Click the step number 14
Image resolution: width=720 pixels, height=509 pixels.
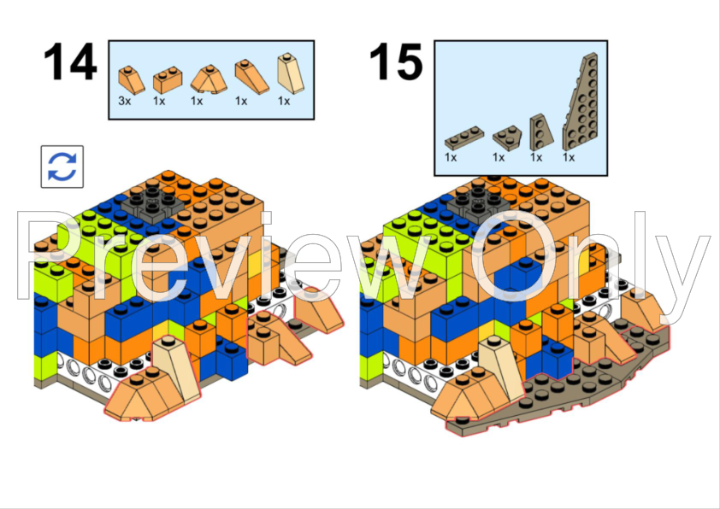pyautogui.click(x=70, y=61)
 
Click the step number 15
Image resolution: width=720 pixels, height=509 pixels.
pyautogui.click(x=395, y=61)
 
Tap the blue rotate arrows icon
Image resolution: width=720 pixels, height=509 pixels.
pyautogui.click(x=62, y=167)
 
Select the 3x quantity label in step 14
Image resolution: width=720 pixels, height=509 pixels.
pyautogui.click(x=125, y=101)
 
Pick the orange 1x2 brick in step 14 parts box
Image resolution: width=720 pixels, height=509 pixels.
pyautogui.click(x=167, y=80)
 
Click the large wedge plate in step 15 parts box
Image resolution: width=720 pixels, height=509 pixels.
pyautogui.click(x=582, y=103)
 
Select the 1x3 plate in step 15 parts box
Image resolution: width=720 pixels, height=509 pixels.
pyautogui.click(x=464, y=138)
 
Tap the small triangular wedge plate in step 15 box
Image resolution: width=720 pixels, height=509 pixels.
pyautogui.click(x=540, y=133)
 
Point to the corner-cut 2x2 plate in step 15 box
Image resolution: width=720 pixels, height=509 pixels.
pyautogui.click(x=507, y=137)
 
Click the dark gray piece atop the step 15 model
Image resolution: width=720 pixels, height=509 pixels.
pyautogui.click(x=480, y=203)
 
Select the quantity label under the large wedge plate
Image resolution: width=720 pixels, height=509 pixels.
pyautogui.click(x=569, y=157)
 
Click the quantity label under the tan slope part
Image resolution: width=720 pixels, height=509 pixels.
pyautogui.click(x=284, y=101)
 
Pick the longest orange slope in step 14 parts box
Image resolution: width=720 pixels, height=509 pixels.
pyautogui.click(x=251, y=77)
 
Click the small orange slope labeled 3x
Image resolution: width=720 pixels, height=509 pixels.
pyautogui.click(x=132, y=79)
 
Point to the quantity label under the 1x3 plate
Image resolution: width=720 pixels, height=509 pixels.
pyautogui.click(x=451, y=157)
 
